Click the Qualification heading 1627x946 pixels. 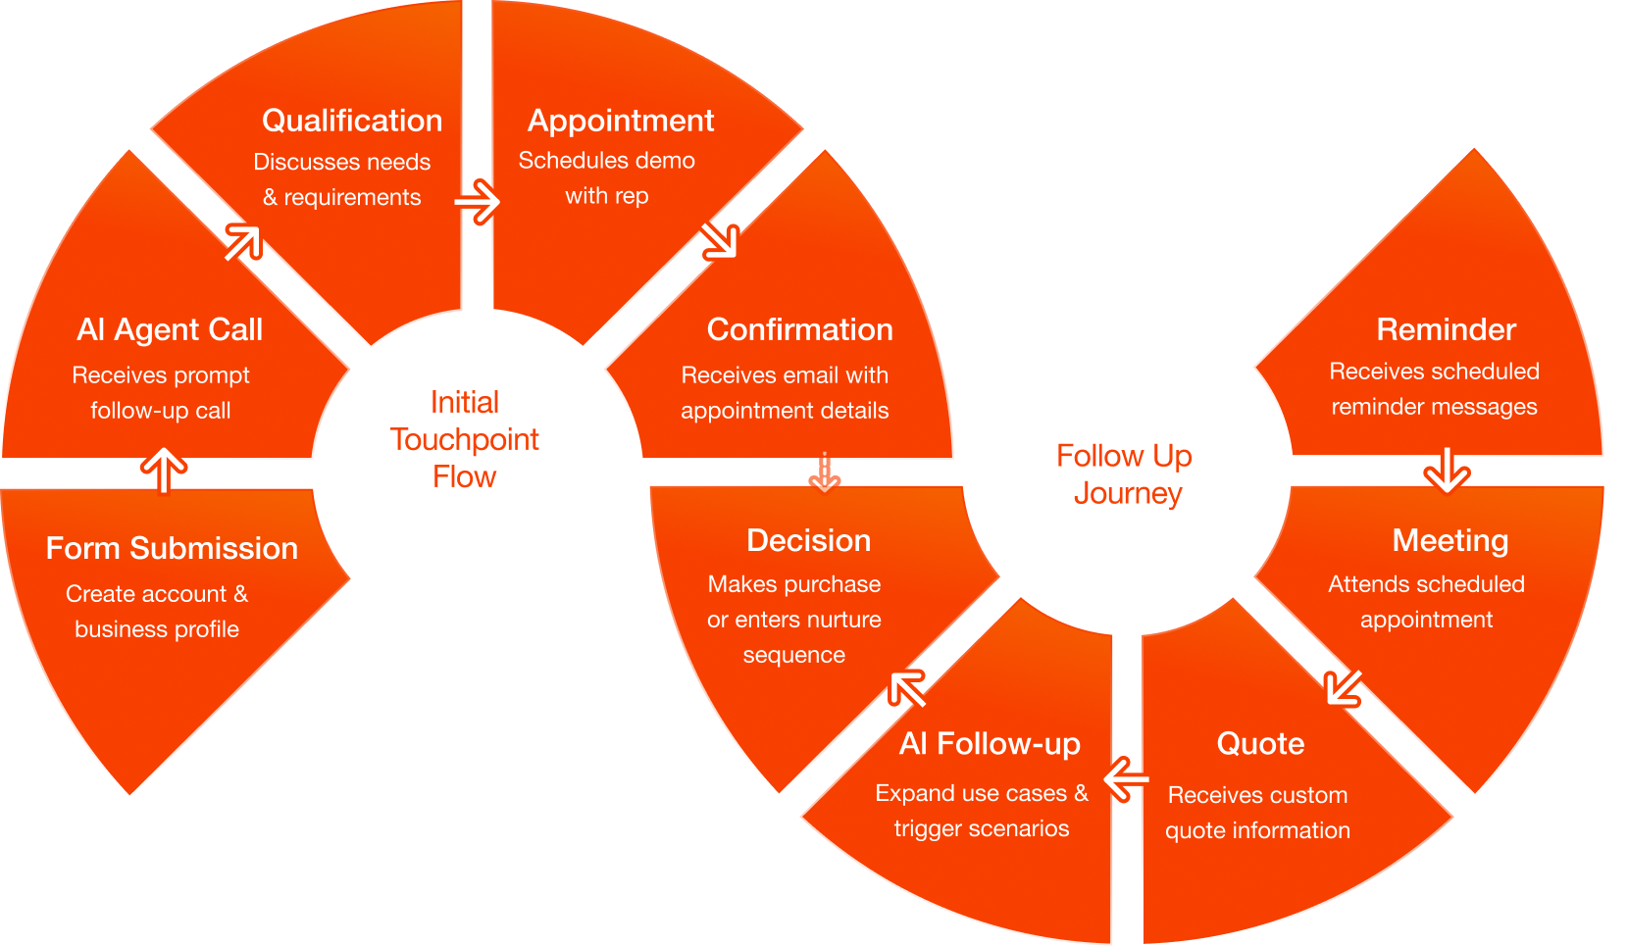pos(351,121)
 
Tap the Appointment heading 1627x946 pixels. pos(620,121)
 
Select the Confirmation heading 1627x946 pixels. pos(799,329)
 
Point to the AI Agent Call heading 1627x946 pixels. pos(170,329)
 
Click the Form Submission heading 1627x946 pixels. pos(172,548)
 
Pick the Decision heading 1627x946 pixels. pos(808,540)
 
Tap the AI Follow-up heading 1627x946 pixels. pos(989,744)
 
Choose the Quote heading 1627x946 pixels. pos(1260,744)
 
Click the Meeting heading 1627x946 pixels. pos(1449,540)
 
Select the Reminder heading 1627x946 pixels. pos(1446,329)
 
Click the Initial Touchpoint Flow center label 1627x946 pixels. pos(464,439)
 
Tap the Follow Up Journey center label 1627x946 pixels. pos(1125,474)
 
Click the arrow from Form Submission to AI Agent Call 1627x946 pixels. pos(164,470)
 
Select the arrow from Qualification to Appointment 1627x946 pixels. pos(478,202)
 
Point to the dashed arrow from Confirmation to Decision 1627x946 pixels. pos(824,473)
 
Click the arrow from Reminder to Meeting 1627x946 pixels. pos(1447,471)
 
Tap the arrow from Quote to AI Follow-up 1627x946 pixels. pos(1126,780)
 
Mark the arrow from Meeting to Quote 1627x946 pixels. pos(1343,687)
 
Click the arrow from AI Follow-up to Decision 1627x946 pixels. pos(907,688)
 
